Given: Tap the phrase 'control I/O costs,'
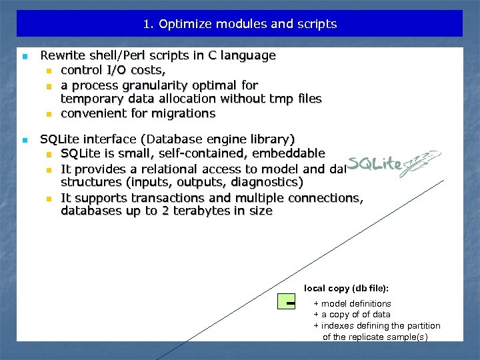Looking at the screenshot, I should pos(109,70).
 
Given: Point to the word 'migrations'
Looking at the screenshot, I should pos(185,113).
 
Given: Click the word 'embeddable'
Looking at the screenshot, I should pos(294,154).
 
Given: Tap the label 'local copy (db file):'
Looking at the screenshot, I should pos(346,289).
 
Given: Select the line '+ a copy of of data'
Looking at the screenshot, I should pos(352,315).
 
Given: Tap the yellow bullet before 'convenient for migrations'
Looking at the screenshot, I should pos(49,114).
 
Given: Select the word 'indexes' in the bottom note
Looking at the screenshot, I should pos(337,326).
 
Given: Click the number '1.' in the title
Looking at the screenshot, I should pos(148,24).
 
